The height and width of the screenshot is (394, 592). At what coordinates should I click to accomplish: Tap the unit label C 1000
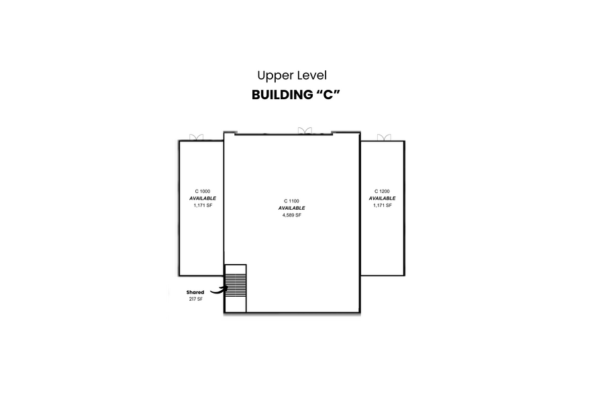[202, 192]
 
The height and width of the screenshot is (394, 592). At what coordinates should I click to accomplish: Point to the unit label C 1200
[382, 192]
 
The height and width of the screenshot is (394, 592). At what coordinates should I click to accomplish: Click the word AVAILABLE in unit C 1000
[202, 198]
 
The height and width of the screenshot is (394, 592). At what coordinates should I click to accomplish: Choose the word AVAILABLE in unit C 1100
[292, 208]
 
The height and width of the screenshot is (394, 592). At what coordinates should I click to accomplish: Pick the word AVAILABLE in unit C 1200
[382, 198]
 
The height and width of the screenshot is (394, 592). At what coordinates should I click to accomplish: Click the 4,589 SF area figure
[292, 215]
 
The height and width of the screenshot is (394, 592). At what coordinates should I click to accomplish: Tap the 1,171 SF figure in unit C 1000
[202, 205]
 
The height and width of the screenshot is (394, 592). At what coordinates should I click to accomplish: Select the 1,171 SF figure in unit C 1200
[382, 205]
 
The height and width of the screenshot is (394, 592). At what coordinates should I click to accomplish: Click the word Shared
[195, 292]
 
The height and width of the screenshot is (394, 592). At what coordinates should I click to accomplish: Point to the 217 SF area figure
[195, 299]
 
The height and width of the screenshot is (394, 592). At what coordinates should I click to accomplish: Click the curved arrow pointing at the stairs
[217, 290]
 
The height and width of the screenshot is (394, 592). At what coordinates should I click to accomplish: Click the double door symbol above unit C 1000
[197, 137]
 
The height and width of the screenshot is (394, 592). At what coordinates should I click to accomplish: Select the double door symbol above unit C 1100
[305, 130]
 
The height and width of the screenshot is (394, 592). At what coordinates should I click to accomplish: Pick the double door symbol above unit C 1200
[383, 137]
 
